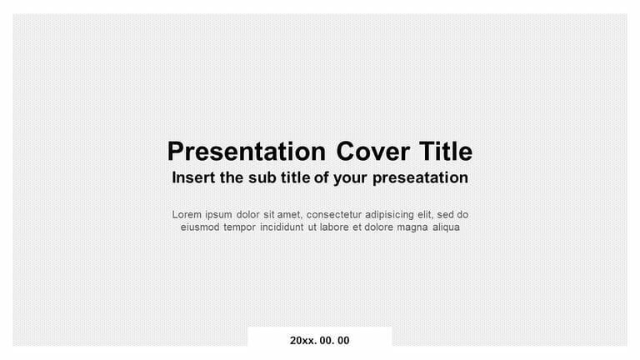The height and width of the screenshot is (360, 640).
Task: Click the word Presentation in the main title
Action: click(x=246, y=152)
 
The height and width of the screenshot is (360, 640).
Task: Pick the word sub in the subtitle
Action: click(x=260, y=177)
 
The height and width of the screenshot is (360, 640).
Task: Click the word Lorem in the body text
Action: click(x=187, y=214)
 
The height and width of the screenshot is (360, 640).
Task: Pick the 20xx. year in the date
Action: click(x=302, y=341)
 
